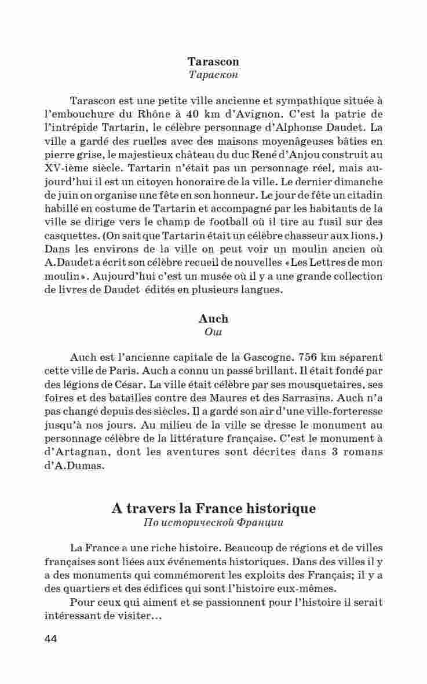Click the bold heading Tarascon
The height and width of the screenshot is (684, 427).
pos(213,61)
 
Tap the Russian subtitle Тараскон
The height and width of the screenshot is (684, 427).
pos(213,75)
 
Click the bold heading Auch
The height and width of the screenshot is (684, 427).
pos(213,319)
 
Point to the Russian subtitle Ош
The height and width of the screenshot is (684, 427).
pos(213,332)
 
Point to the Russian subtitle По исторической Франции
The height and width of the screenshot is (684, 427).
pos(213,523)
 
